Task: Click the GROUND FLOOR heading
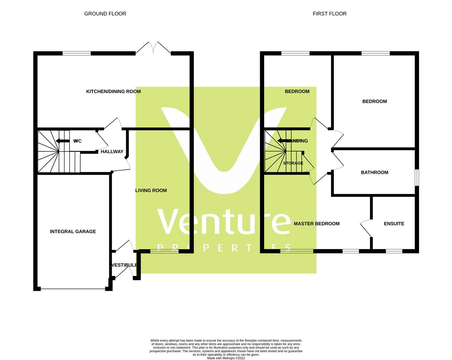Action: pos(105,14)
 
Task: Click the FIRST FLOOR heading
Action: pos(330,14)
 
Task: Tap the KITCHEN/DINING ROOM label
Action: pos(113,92)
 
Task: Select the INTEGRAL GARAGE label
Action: pos(73,232)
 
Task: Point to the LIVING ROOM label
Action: pos(151,191)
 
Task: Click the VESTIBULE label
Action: pos(124,265)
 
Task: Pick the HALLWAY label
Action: pos(112,152)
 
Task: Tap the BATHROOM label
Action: pos(375,173)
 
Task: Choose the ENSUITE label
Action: pos(394,224)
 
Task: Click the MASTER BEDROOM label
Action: pos(317,224)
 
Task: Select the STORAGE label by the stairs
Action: pos(293,163)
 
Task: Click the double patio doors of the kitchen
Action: pos(153,48)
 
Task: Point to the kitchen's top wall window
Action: pos(77,53)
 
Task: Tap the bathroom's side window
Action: pos(417,178)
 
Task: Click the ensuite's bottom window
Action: pos(394,251)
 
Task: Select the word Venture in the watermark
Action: pos(223,222)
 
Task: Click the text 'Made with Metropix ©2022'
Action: pos(226,358)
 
